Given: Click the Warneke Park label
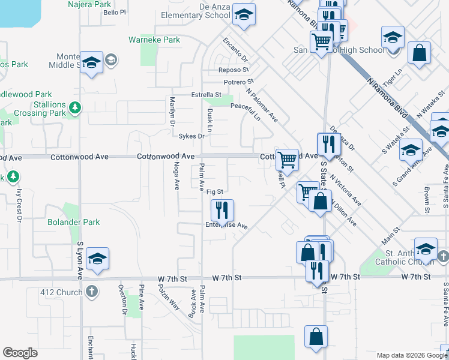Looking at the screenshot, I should (154, 40).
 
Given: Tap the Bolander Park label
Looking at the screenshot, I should (73, 223).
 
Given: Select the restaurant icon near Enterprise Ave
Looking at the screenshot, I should (221, 210).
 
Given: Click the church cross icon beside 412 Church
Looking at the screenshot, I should (91, 292).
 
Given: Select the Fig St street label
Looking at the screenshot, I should (215, 192).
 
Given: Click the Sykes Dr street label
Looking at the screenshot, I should (192, 136).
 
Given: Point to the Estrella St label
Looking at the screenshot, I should (206, 95).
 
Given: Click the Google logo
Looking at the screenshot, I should (20, 353).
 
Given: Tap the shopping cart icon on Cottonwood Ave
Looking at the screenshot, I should (288, 160).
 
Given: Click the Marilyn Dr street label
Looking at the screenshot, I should (172, 111).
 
